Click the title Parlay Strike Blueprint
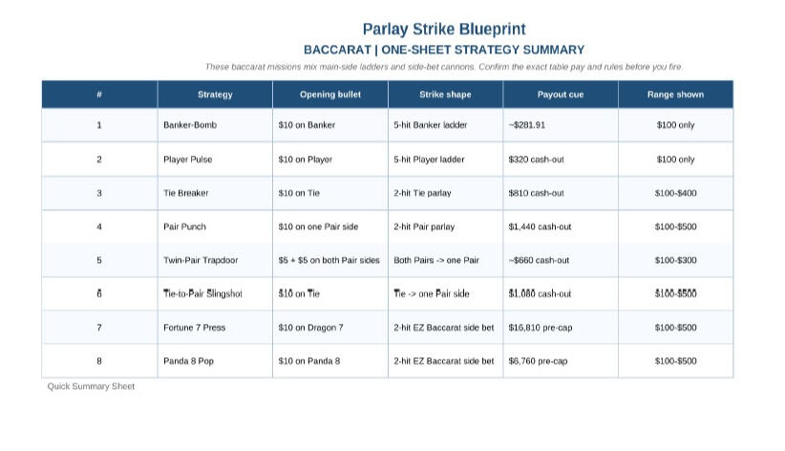(444, 30)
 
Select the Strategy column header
(215, 95)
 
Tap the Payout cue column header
(561, 95)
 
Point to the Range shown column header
(675, 95)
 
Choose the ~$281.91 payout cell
(532, 125)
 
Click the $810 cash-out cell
(536, 193)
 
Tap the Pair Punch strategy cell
(184, 226)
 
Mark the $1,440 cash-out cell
(540, 226)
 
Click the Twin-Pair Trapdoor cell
(200, 260)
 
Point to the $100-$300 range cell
(675, 260)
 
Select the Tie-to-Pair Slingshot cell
(202, 294)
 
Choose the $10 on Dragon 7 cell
(310, 328)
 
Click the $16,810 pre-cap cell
(538, 328)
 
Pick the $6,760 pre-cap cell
(538, 361)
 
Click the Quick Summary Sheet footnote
(91, 387)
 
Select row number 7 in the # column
(99, 328)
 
